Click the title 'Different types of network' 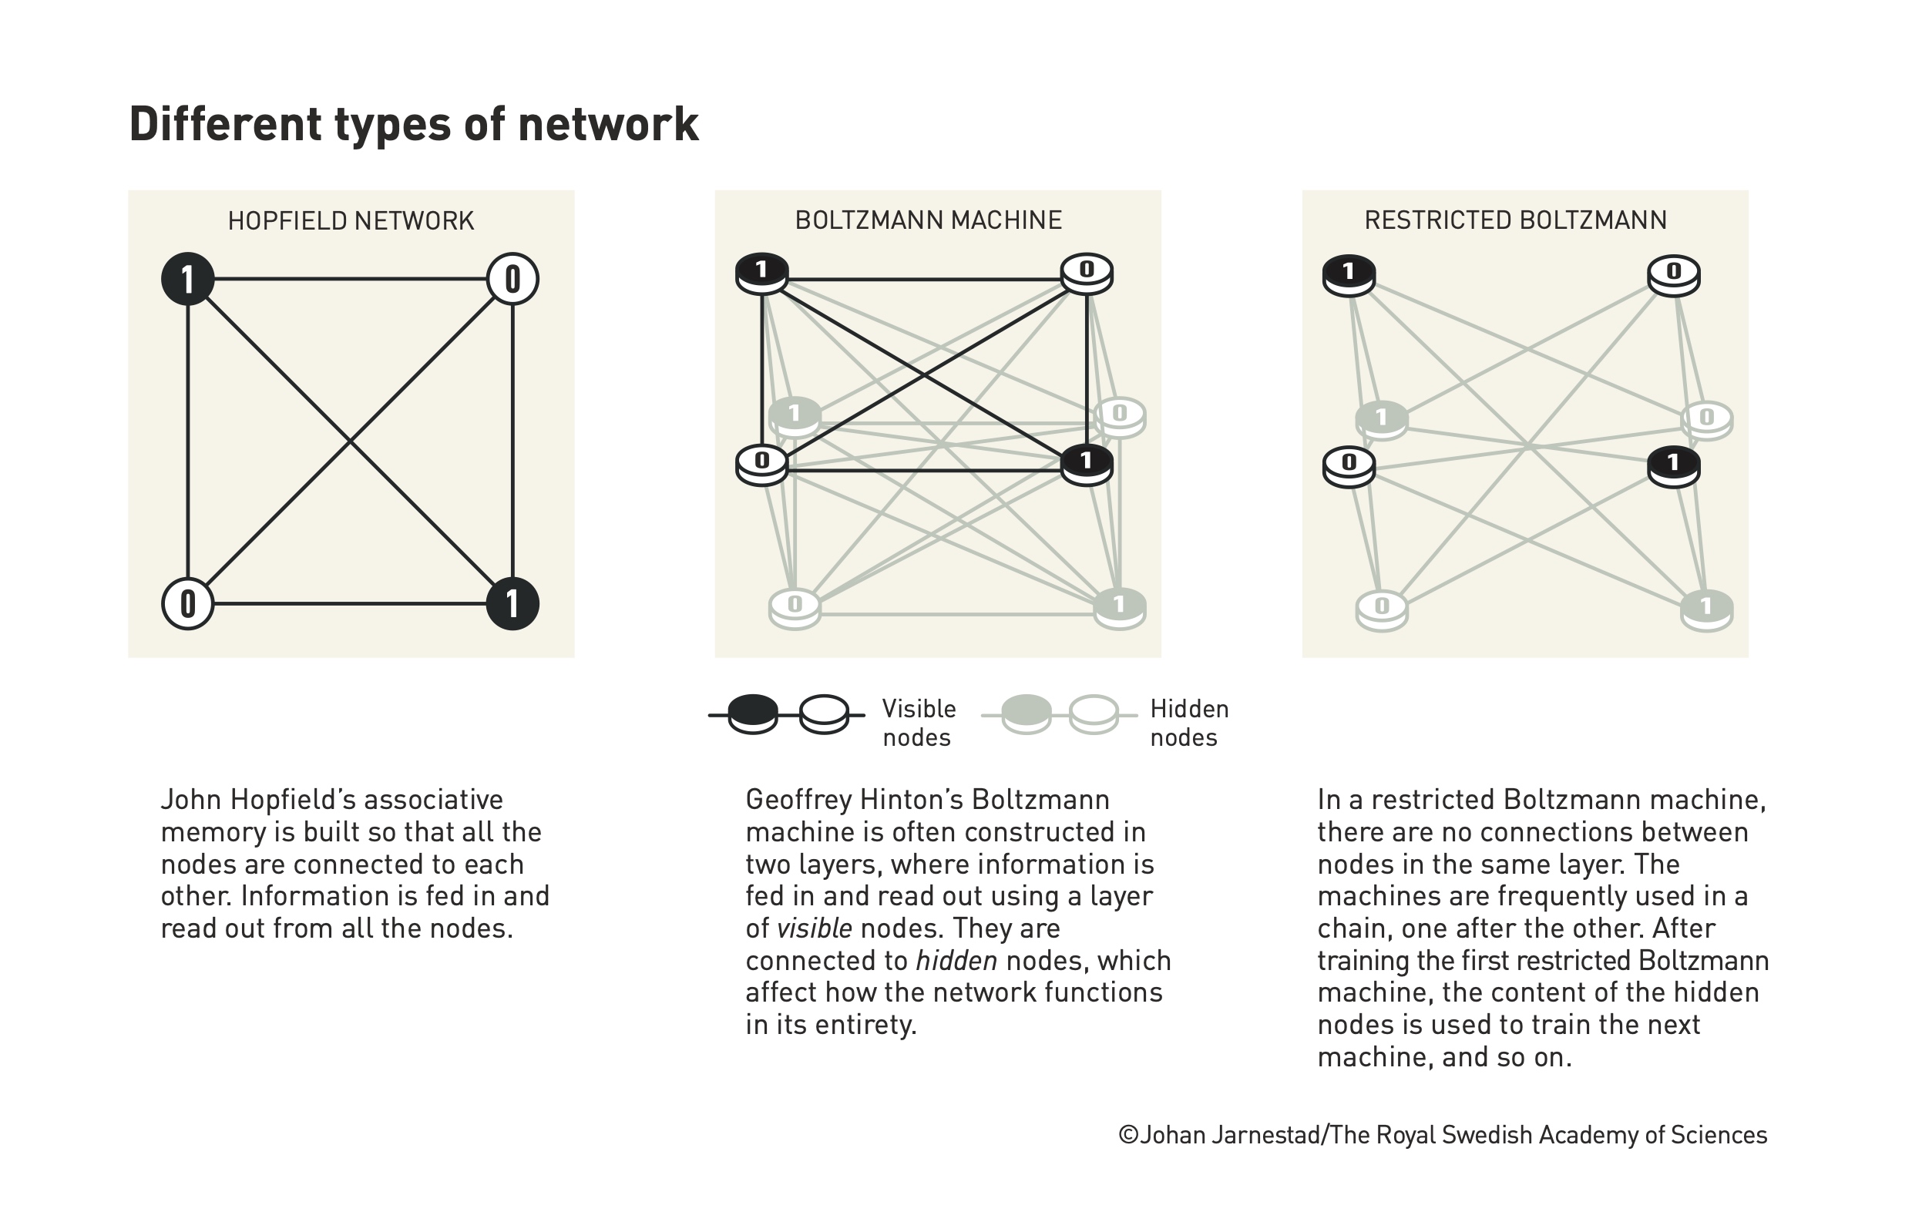[414, 125]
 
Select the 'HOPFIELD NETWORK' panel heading [351, 220]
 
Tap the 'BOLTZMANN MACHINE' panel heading [928, 220]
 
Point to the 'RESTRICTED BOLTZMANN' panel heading [1515, 220]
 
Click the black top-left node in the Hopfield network [187, 279]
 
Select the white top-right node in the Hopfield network [513, 279]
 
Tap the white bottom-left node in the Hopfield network [187, 603]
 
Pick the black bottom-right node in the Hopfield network [513, 603]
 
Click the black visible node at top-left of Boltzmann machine [761, 274]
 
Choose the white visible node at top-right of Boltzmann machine [1087, 274]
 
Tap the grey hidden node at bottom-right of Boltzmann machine [1120, 609]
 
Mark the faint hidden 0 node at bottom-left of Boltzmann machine [795, 609]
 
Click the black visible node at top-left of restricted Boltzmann [1348, 276]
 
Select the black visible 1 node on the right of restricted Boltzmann [1674, 466]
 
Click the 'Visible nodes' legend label [919, 723]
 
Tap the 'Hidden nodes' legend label [1189, 723]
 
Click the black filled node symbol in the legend [753, 713]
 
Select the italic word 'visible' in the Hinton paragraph [815, 928]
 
